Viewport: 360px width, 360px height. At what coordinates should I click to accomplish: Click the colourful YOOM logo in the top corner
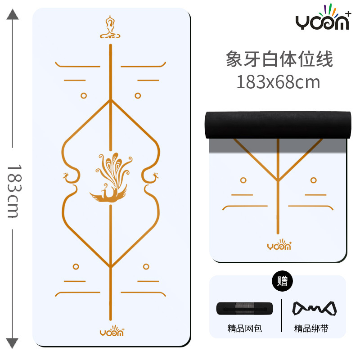(322, 20)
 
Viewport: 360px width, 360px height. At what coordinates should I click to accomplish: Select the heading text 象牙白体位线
(279, 59)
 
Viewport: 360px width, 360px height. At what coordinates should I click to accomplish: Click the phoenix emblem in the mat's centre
(110, 178)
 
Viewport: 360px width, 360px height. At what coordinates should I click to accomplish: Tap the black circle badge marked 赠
(282, 282)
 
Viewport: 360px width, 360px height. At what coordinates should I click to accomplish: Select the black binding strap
(315, 309)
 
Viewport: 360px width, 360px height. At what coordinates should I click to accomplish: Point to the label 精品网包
(244, 329)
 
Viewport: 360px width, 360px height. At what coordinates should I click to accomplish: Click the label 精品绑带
(311, 329)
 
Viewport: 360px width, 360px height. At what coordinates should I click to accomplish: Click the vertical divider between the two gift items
(281, 315)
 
